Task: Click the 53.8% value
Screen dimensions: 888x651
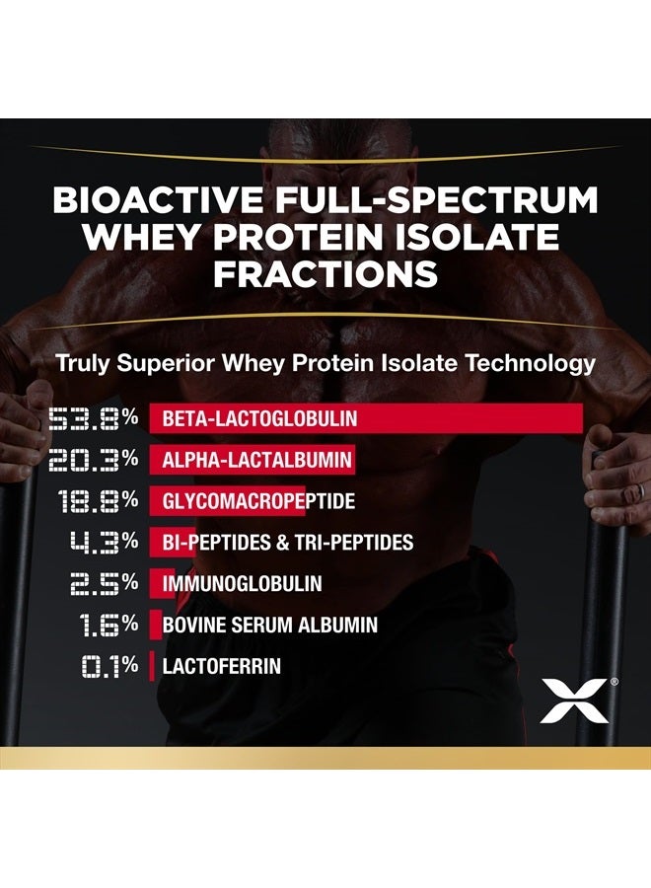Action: [94, 418]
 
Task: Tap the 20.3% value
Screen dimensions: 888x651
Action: [94, 460]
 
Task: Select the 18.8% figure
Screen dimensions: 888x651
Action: [94, 501]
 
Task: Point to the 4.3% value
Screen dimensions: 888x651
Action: [103, 543]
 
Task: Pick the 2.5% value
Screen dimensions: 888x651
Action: [103, 584]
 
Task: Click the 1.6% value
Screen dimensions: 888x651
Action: [108, 626]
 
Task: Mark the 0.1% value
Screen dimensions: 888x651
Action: [108, 666]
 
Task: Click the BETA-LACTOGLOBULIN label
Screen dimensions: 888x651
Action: [259, 419]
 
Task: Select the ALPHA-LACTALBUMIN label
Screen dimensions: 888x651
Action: [254, 461]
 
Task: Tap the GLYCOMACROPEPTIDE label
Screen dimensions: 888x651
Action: [258, 502]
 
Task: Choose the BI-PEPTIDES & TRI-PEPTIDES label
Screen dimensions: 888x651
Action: [287, 543]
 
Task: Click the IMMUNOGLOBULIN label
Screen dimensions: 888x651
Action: [242, 584]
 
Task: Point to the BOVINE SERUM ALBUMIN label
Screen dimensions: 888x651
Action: [269, 626]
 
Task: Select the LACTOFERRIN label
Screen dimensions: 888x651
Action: [221, 667]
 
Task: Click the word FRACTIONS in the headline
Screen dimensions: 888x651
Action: [325, 273]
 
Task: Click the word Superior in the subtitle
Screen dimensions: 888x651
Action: [175, 363]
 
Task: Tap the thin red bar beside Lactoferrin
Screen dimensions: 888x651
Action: [152, 667]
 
